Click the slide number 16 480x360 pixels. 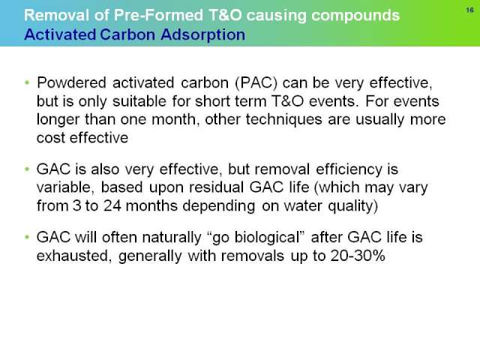(470, 10)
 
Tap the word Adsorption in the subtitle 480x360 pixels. (203, 34)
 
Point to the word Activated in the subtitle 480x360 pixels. (60, 34)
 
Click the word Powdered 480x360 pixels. (72, 82)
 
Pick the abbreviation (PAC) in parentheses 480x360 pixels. (256, 83)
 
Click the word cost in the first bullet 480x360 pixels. (51, 138)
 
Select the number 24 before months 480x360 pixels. (112, 205)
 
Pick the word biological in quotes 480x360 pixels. (266, 238)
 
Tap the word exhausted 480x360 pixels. (72, 256)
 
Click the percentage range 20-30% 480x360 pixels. (358, 256)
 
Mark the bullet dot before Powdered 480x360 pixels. (27, 82)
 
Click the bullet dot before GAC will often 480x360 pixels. (27, 237)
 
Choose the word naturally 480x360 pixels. (172, 238)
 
